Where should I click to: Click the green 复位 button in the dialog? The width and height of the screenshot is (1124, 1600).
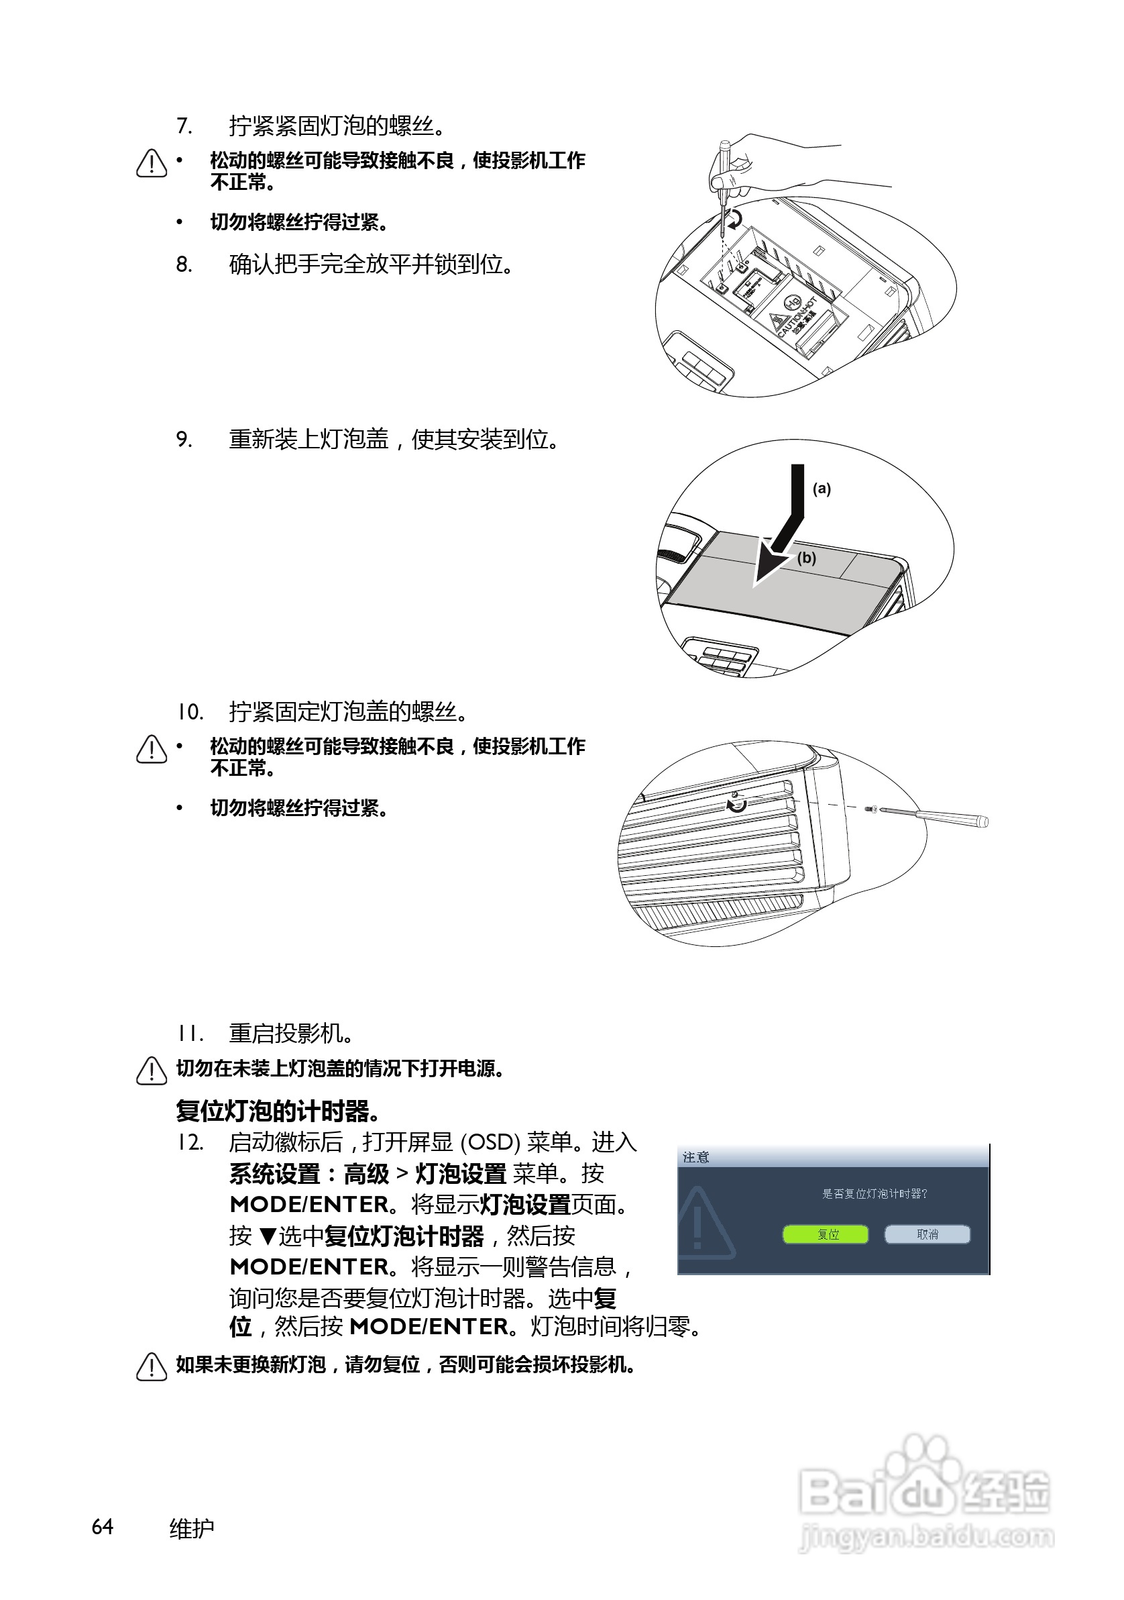tap(826, 1234)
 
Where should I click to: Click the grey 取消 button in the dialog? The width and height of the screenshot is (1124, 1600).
tap(927, 1234)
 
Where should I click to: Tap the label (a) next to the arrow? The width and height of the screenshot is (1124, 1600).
tap(822, 489)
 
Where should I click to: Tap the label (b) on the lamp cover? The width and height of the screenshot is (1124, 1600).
tap(806, 558)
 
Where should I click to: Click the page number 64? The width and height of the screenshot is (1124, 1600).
tap(103, 1527)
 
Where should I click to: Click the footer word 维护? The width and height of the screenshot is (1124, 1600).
tap(192, 1528)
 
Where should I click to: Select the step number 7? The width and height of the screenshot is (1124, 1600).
tap(184, 126)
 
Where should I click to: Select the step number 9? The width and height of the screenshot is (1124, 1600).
tap(184, 440)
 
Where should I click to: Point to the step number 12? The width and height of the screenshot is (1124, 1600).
tap(188, 1143)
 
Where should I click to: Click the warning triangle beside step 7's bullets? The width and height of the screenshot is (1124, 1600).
tap(152, 164)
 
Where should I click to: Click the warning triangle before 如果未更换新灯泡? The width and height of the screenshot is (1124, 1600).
tap(152, 1366)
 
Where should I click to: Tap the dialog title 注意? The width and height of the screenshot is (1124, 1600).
tap(695, 1158)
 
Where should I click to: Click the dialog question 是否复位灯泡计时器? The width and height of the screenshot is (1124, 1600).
tap(874, 1194)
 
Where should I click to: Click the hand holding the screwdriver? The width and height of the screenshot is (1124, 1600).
tap(759, 164)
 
